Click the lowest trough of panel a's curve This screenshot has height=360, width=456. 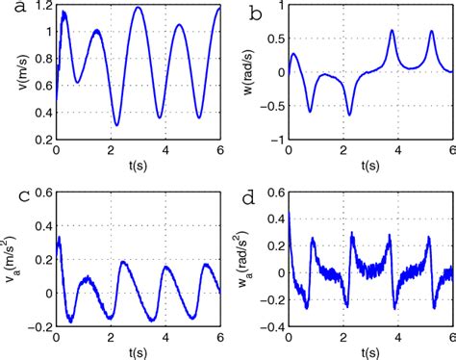(x=116, y=124)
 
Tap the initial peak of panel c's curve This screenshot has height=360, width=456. (x=60, y=237)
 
